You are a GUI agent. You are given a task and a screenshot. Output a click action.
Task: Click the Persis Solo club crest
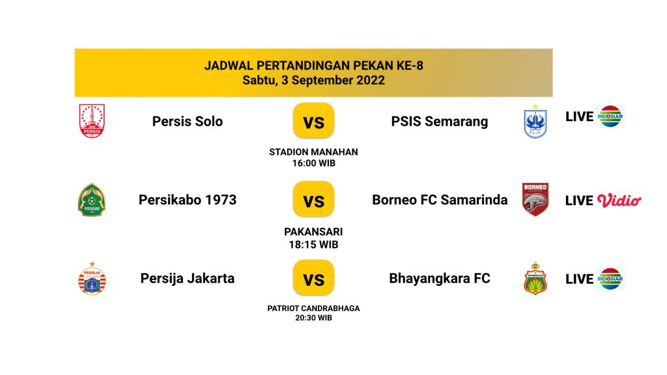(x=92, y=121)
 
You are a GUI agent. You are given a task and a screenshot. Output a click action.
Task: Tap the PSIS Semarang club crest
(x=535, y=121)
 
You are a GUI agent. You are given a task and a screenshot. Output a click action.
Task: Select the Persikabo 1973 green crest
(x=92, y=200)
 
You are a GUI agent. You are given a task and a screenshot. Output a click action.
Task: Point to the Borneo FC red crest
(x=535, y=199)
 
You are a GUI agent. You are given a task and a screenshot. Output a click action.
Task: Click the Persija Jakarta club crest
(x=92, y=279)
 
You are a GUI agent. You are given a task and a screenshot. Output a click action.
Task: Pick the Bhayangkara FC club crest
(x=535, y=278)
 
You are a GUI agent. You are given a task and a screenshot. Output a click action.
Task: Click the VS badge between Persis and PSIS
(x=313, y=120)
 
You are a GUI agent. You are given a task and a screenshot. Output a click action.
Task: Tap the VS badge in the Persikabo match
(x=313, y=199)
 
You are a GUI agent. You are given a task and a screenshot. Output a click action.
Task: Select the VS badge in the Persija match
(x=313, y=278)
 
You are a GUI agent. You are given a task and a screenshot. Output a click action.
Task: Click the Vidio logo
(x=619, y=201)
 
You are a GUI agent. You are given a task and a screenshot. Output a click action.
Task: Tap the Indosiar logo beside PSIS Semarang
(x=610, y=116)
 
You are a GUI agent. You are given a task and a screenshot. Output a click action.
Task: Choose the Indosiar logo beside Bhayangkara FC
(x=610, y=279)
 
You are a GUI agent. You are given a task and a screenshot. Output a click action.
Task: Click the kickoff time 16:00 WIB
(x=313, y=163)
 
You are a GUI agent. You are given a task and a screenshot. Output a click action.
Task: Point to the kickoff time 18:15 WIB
(x=313, y=245)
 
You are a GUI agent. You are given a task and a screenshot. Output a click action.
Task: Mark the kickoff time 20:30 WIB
(x=313, y=318)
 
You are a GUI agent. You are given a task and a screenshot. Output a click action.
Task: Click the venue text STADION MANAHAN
(x=313, y=152)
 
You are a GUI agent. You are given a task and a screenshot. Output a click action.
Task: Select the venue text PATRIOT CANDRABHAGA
(x=313, y=308)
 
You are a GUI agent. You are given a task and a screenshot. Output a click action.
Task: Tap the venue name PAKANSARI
(x=313, y=232)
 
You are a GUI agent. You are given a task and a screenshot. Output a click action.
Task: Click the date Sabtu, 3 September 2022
(x=313, y=80)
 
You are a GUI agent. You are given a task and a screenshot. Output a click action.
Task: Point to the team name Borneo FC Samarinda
(x=440, y=200)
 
